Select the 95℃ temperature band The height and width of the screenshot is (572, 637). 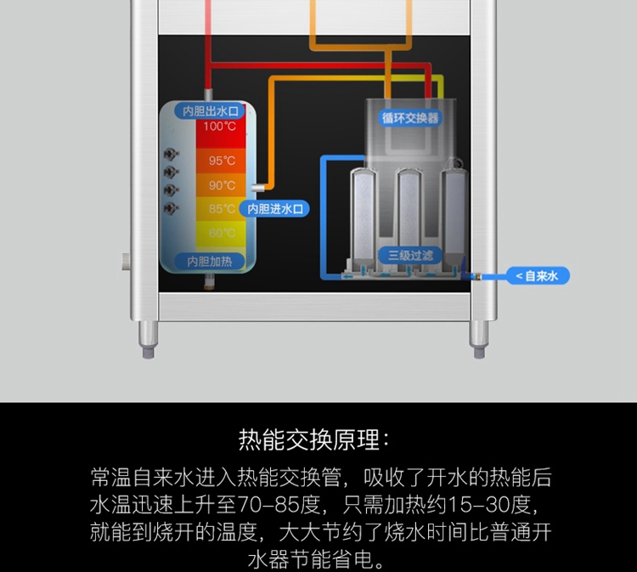(x=222, y=161)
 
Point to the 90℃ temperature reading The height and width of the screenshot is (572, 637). (x=222, y=185)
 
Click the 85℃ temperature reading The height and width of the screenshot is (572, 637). (x=222, y=209)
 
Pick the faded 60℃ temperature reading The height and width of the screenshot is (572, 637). (x=222, y=232)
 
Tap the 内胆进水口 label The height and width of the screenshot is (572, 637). (x=275, y=208)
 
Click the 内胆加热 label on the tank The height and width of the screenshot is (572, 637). (x=210, y=261)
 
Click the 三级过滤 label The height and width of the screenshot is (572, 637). (x=410, y=254)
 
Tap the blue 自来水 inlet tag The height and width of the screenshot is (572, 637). (x=538, y=275)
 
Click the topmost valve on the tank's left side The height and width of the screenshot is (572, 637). (x=170, y=155)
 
